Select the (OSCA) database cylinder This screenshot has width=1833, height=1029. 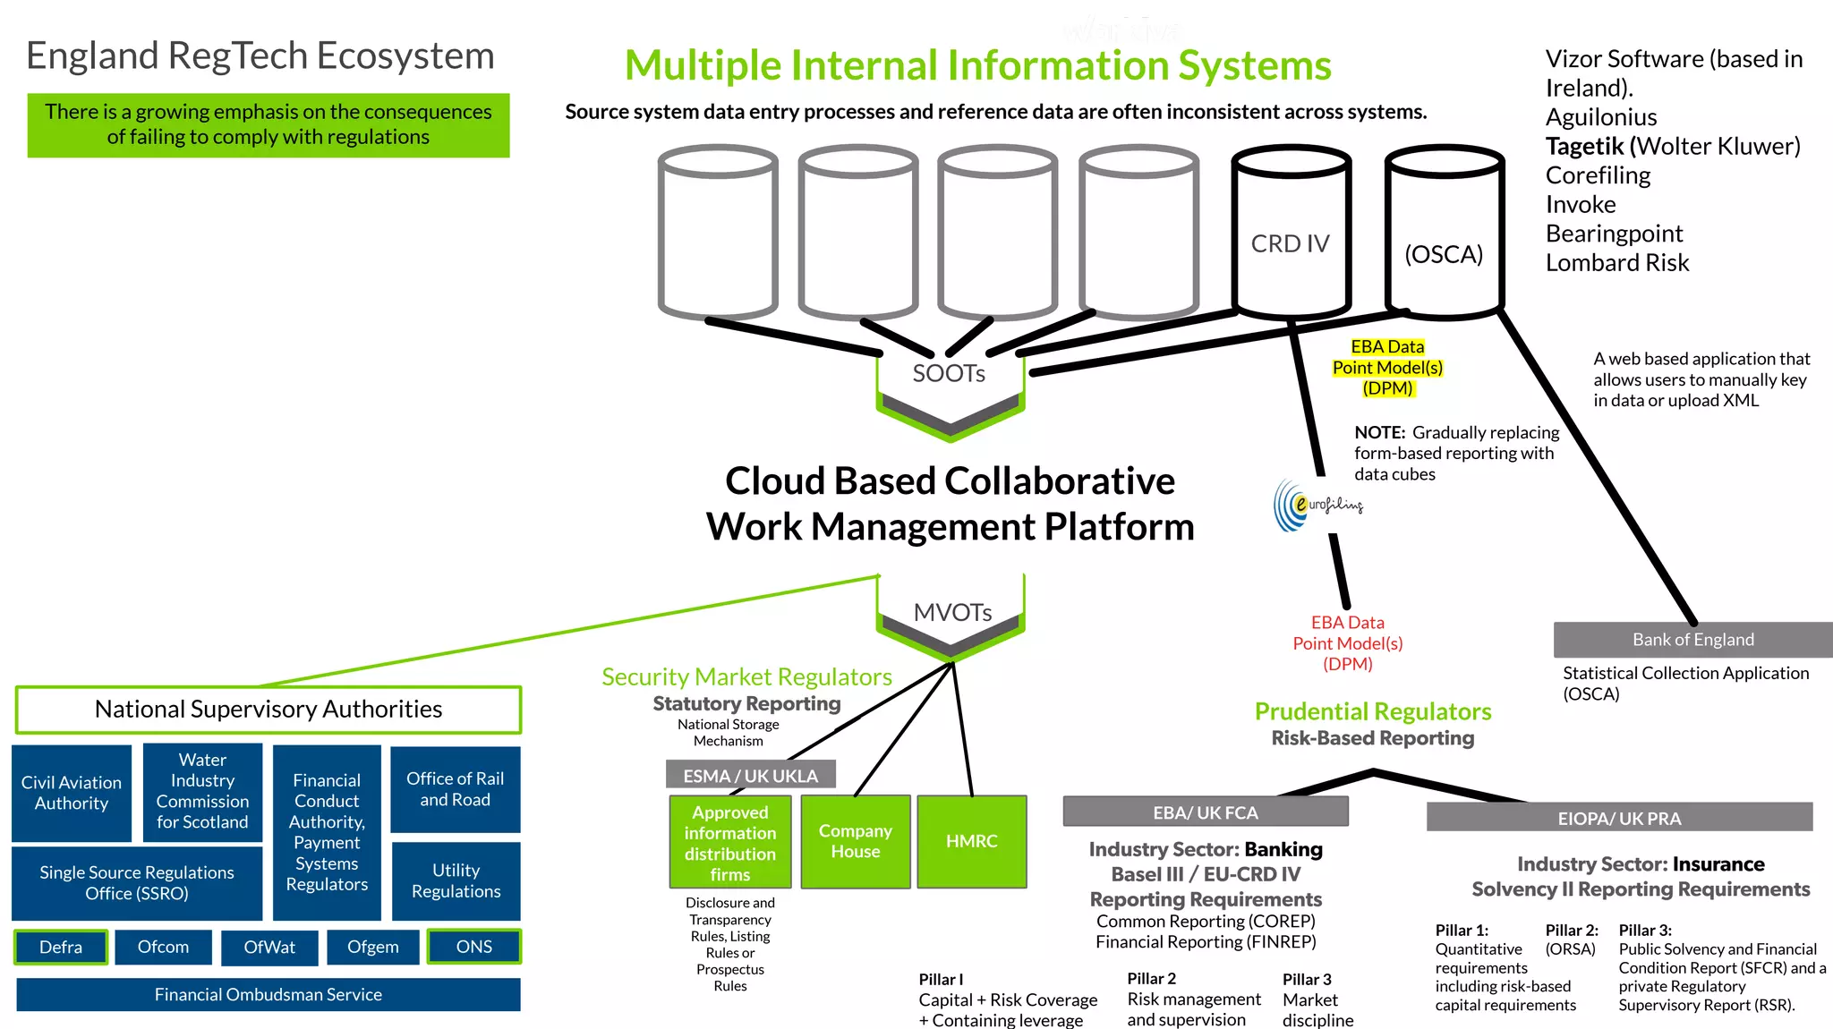(1444, 237)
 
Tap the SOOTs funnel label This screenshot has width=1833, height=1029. (949, 373)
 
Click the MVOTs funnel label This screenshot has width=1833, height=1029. (952, 613)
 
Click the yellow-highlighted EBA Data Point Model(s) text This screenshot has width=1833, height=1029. (1387, 368)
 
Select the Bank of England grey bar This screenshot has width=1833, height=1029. (1692, 640)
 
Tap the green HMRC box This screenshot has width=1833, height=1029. (971, 841)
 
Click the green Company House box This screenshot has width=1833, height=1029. (855, 841)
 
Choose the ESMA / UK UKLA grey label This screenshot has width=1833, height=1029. (750, 776)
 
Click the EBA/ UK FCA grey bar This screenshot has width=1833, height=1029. (1205, 812)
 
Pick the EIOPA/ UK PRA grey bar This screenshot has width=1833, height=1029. (1618, 818)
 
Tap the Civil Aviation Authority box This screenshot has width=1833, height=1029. (72, 793)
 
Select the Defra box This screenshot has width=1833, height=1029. (61, 947)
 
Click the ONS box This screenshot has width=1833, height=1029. (473, 947)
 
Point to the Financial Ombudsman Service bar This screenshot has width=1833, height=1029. (268, 994)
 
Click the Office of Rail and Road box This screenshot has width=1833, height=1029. (455, 789)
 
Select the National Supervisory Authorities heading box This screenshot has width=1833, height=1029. (268, 710)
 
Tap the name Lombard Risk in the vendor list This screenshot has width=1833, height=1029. (1616, 263)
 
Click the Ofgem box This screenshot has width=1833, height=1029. (372, 947)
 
